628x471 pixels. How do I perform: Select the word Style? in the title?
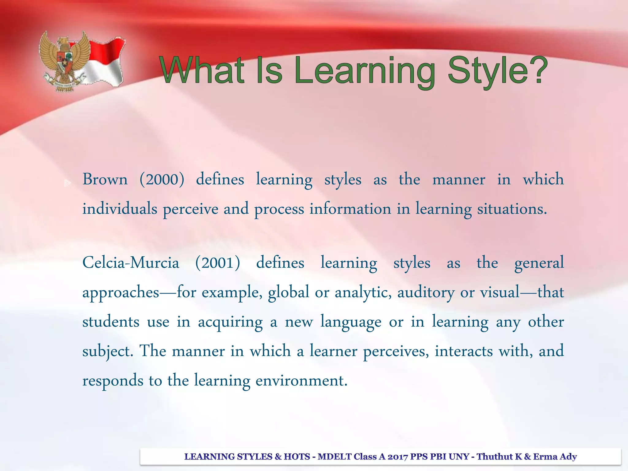click(497, 71)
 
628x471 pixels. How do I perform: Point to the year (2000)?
click(162, 179)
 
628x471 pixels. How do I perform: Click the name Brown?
click(105, 179)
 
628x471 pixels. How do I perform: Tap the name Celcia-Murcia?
click(131, 263)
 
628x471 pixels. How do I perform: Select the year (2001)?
click(218, 263)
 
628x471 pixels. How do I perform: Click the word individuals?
click(120, 209)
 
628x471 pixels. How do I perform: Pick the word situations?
click(511, 209)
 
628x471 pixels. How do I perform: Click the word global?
click(288, 292)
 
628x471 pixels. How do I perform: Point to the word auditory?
click(426, 292)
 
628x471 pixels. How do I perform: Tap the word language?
click(351, 322)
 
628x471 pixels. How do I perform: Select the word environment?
click(301, 381)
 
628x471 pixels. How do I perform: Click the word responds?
click(113, 381)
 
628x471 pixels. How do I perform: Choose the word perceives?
click(396, 351)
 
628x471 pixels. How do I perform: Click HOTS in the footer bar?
click(297, 457)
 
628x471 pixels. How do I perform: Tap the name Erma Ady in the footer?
click(555, 457)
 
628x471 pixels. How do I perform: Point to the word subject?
click(108, 351)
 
